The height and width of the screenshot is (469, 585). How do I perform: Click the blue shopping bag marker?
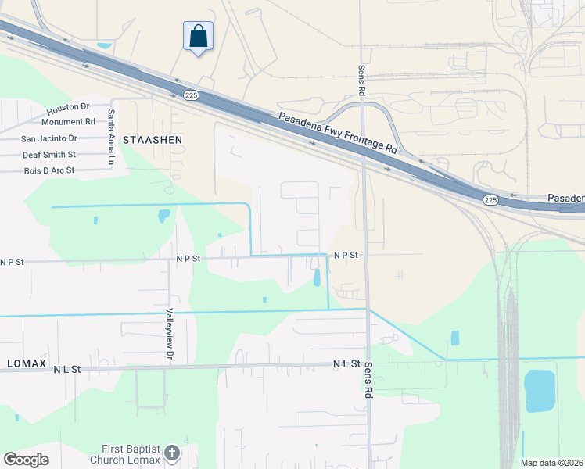(198, 36)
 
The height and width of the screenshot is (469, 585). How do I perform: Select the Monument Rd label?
(68, 122)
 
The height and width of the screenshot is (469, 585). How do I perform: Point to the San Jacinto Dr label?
(48, 138)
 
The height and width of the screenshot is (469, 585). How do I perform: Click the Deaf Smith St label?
(48, 155)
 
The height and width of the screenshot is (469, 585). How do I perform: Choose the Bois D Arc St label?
(48, 170)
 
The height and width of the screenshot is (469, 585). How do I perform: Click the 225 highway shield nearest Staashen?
(192, 95)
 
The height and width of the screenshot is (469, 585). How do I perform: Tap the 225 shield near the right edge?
(490, 200)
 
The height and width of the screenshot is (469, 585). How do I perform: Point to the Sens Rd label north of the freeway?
(362, 81)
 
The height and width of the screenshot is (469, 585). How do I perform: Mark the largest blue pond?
(539, 391)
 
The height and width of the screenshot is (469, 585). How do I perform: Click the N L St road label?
(346, 364)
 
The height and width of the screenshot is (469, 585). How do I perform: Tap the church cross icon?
(172, 453)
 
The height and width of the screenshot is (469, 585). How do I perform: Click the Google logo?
(26, 460)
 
